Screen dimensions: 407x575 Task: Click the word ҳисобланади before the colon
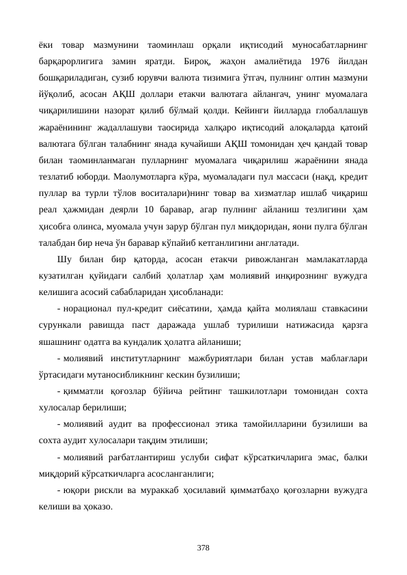pos(193,291)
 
